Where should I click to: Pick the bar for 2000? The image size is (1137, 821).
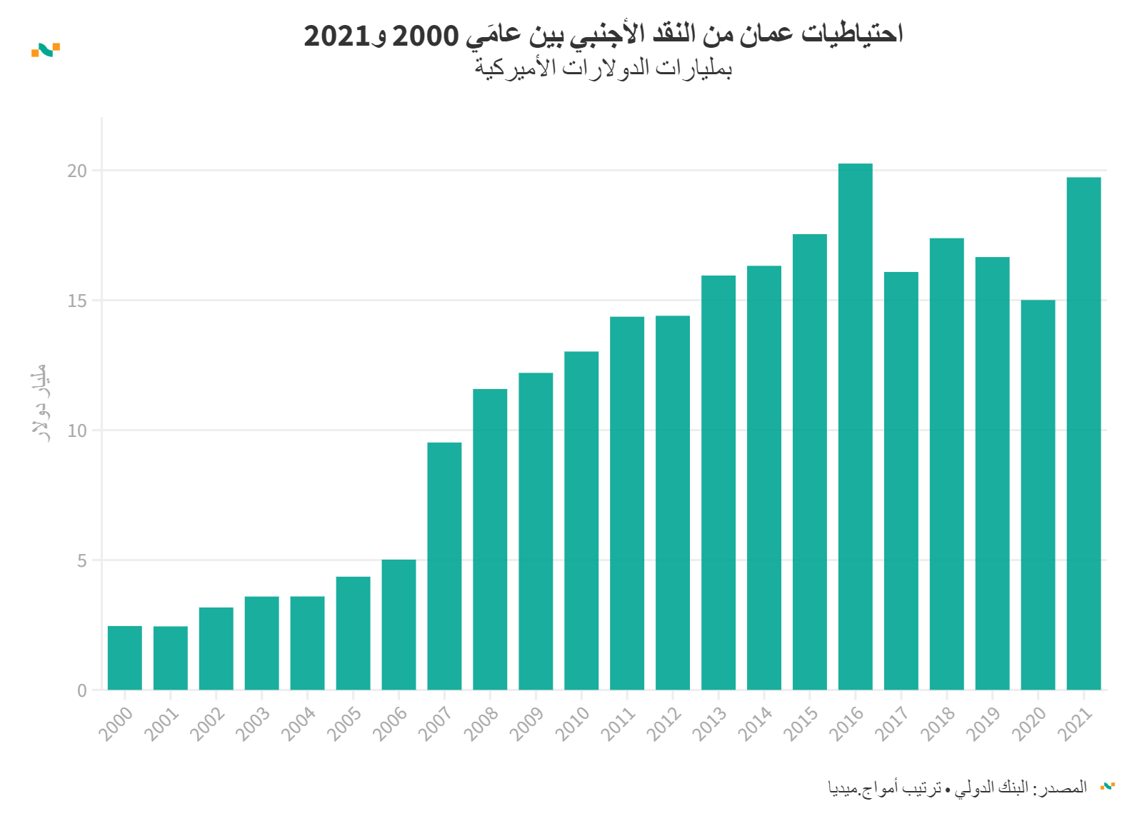(125, 658)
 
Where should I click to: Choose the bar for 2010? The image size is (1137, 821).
(581, 520)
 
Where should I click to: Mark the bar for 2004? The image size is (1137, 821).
(307, 643)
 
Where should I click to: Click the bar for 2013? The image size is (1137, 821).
(718, 483)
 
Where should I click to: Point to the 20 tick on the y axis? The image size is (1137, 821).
(77, 171)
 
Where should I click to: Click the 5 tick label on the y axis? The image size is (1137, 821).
(82, 561)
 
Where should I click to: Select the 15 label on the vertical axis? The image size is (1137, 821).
(77, 301)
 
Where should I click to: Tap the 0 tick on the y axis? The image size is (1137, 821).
(82, 690)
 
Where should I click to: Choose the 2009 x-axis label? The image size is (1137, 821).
(527, 723)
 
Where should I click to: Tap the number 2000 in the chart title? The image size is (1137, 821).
(426, 35)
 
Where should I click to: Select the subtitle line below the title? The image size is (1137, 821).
(603, 69)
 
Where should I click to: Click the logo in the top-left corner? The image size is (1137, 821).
(46, 50)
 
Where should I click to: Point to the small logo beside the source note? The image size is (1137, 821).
(1108, 787)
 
